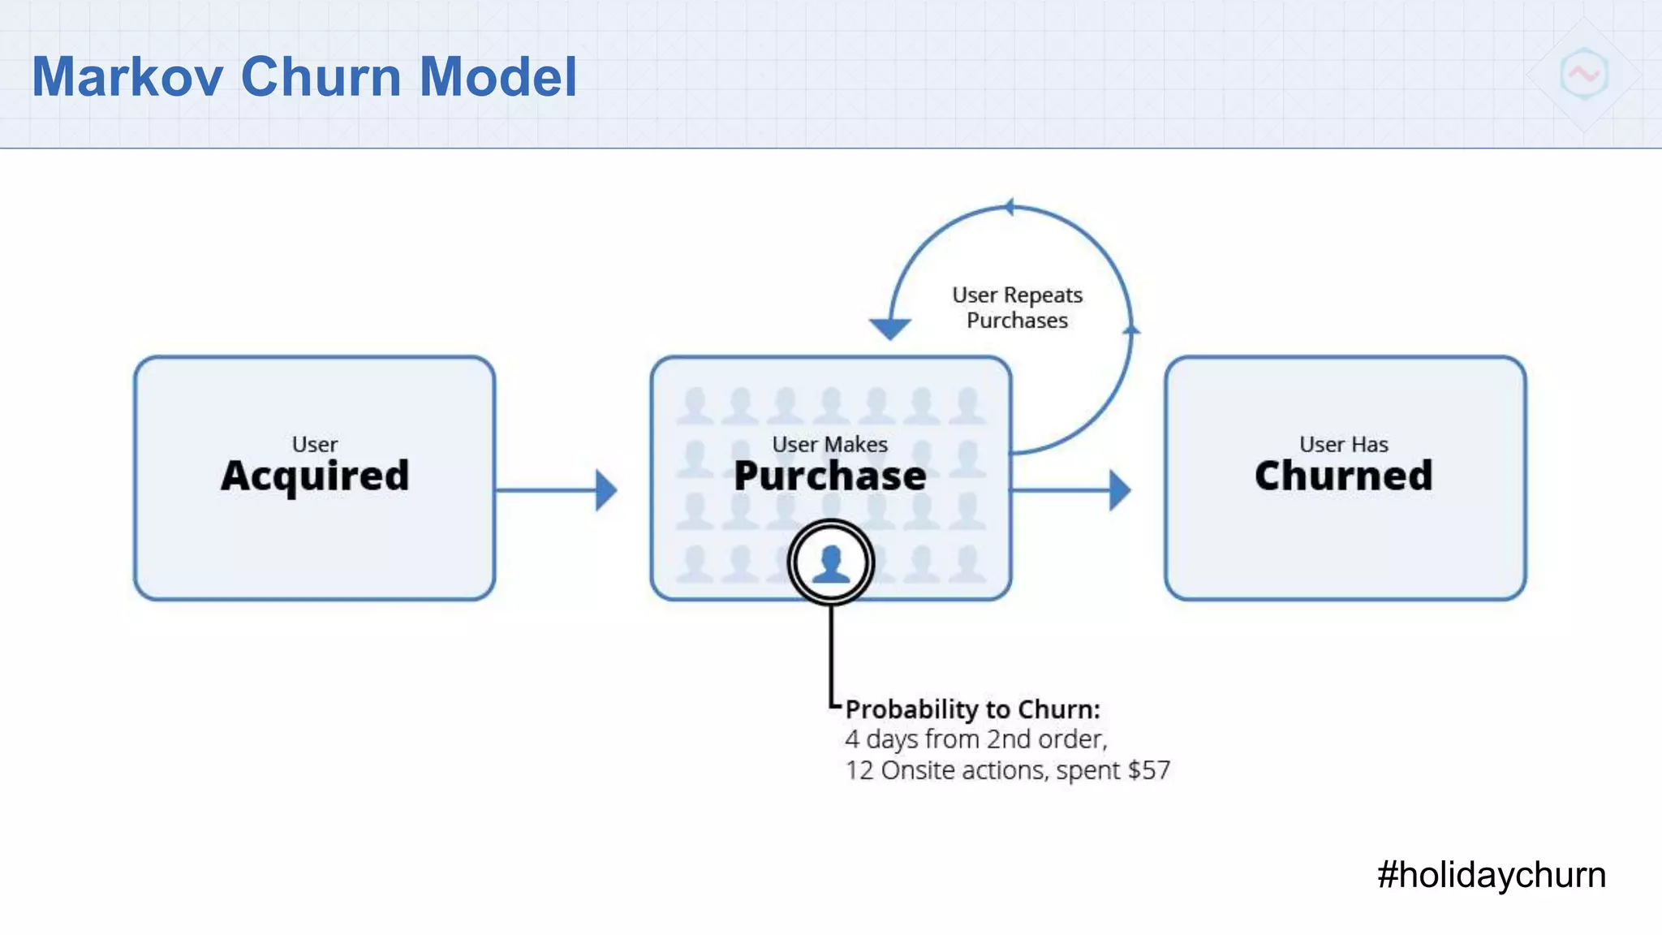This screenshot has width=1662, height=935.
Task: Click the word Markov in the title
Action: pos(127,77)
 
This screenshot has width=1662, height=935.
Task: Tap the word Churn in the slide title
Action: pos(321,77)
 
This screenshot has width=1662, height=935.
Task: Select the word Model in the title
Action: pos(497,77)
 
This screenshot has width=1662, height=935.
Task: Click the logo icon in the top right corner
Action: pos(1583,75)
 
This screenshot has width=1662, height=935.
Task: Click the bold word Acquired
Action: pos(315,476)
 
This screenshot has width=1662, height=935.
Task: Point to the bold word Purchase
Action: pos(829,476)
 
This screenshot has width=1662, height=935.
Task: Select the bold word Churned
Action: pos(1343,476)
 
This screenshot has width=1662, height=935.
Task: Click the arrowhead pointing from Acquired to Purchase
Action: pos(605,490)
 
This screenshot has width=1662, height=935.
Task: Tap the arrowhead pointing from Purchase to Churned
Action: pos(1119,490)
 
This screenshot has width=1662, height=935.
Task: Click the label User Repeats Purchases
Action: pos(1017,308)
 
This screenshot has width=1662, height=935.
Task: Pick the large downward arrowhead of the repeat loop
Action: pos(890,328)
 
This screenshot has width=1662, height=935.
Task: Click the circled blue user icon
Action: pos(830,562)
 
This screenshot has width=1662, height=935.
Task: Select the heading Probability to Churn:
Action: pos(972,709)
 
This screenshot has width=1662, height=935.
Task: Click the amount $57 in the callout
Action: pos(1148,770)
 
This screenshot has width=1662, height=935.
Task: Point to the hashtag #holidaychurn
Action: pos(1491,875)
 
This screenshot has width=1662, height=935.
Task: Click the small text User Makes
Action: pos(829,445)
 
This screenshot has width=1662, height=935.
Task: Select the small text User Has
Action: pos(1343,445)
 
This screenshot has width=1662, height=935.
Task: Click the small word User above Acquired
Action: pos(315,445)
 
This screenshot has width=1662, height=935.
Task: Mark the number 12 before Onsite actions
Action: pos(859,770)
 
